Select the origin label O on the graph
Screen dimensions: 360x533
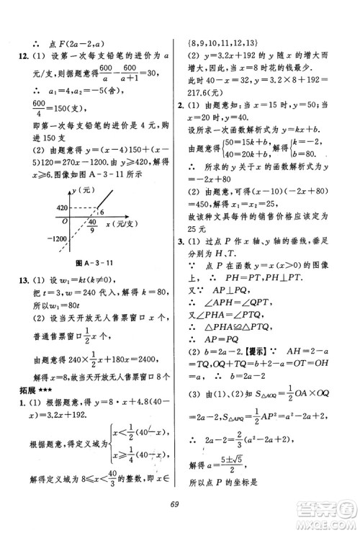(63, 220)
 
